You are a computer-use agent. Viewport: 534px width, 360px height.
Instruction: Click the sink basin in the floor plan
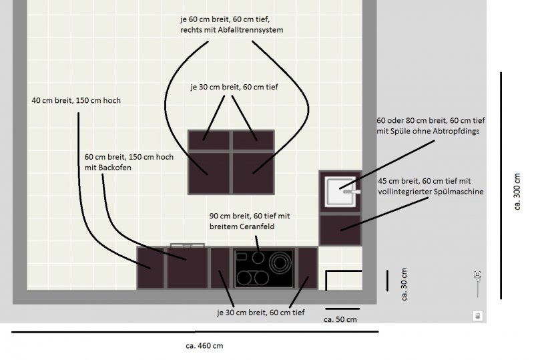[x=338, y=191]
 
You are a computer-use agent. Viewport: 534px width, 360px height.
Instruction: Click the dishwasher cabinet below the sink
[x=340, y=230]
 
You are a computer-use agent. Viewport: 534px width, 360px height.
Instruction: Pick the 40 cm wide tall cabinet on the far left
[x=151, y=268]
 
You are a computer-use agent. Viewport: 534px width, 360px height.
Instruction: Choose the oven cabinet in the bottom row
[x=187, y=268]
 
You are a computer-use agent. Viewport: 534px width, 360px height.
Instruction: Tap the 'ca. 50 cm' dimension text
[x=340, y=320]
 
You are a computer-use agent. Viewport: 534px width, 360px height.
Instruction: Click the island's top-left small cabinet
[x=209, y=140]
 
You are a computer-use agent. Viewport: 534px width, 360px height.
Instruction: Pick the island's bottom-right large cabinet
[x=253, y=172]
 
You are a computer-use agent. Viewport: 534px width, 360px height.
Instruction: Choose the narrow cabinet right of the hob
[x=307, y=268]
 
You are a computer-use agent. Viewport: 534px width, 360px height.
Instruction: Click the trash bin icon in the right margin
[x=477, y=315]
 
